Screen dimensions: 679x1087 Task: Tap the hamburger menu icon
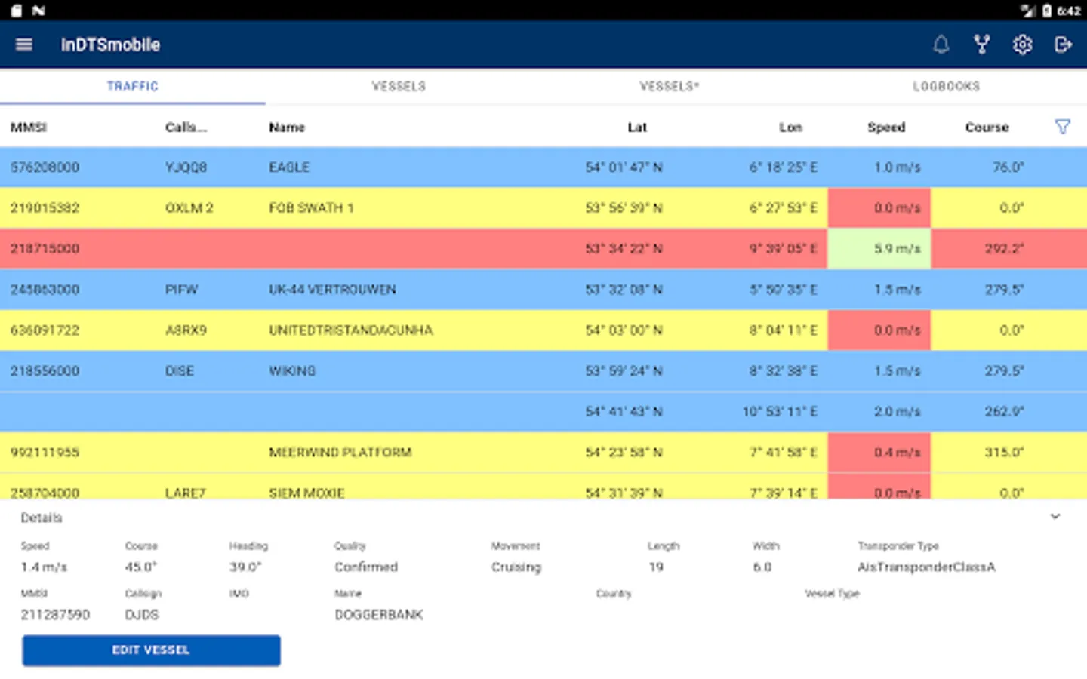[x=24, y=45]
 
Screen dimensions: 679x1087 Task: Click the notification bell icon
[x=941, y=45]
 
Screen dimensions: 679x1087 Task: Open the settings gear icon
[x=1022, y=45]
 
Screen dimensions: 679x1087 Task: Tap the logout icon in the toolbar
[x=1063, y=45]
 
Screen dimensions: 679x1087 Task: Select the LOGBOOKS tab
[x=946, y=86]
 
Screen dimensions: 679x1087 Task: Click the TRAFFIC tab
[x=133, y=86]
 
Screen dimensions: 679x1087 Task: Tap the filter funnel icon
[x=1062, y=127]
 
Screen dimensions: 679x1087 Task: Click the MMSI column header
[x=29, y=128]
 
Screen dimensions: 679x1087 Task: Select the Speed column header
[x=886, y=128]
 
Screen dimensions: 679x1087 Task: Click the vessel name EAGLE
[x=289, y=167]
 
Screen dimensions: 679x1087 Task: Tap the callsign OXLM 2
[x=189, y=208]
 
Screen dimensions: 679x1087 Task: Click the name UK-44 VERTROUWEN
[x=332, y=290]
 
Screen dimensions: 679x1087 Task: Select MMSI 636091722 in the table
[x=45, y=330]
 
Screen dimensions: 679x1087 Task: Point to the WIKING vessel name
[x=292, y=371]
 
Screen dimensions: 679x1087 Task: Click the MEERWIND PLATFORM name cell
[x=340, y=453]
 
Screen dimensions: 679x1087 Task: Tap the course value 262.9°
[x=1004, y=412]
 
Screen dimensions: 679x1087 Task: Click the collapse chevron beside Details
[x=1055, y=517]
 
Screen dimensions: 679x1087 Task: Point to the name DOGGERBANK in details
[x=379, y=615]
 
